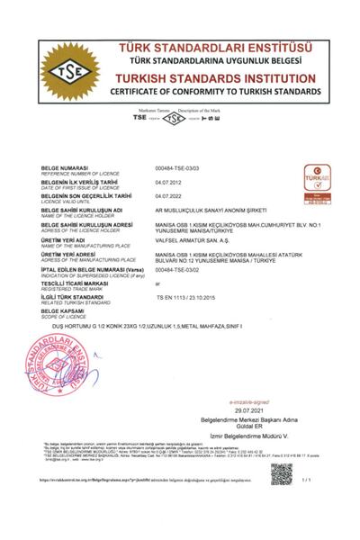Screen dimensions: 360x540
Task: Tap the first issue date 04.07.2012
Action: pos(169,181)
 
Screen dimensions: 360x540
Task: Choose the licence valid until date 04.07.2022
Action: pos(169,195)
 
